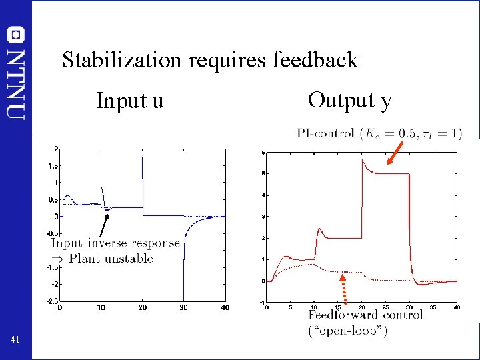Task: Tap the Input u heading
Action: [x=129, y=101]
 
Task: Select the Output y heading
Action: [x=349, y=100]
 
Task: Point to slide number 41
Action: [x=15, y=341]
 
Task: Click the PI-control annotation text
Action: [x=326, y=133]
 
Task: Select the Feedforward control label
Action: [x=365, y=315]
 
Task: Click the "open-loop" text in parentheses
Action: [x=347, y=331]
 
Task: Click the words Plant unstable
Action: [x=111, y=259]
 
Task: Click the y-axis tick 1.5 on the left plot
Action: [x=49, y=165]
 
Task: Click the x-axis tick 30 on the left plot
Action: [x=183, y=308]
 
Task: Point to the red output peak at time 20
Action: [x=363, y=160]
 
